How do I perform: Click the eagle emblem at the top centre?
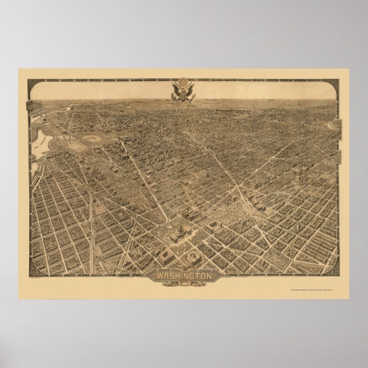point(183,92)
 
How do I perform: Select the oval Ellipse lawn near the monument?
point(91,138)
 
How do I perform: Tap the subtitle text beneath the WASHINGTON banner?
point(183,283)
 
